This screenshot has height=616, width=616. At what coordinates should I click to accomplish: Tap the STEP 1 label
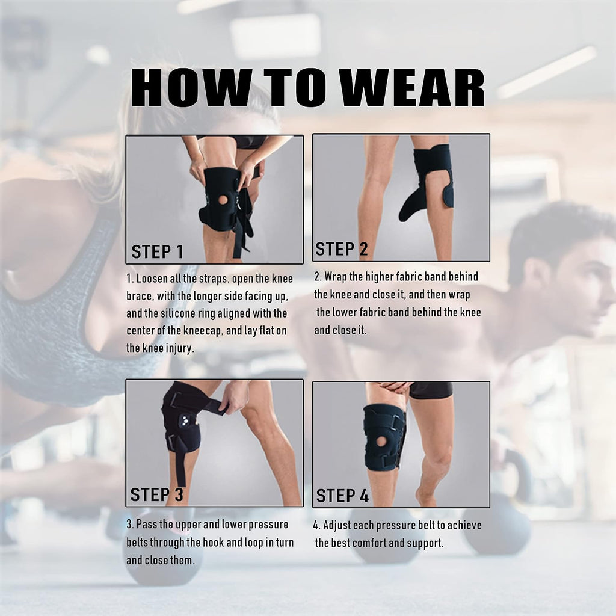[158, 252]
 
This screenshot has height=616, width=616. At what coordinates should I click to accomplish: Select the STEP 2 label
[342, 249]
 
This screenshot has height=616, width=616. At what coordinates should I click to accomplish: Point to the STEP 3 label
[157, 494]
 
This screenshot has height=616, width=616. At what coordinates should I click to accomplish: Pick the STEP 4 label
[342, 496]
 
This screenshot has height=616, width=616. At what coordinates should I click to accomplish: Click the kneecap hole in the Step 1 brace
[223, 200]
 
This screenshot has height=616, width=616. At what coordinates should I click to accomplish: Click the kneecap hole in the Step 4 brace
[381, 441]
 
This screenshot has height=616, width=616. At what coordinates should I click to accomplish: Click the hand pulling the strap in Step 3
[235, 397]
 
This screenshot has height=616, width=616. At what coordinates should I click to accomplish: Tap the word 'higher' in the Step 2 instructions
[380, 277]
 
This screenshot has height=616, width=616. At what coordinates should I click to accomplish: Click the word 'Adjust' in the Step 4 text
[337, 526]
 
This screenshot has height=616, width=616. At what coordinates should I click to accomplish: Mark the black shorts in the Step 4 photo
[431, 390]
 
